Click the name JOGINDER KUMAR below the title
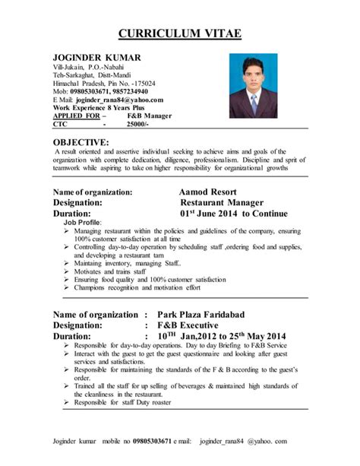click(x=95, y=58)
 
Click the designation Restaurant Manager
click(x=221, y=204)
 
